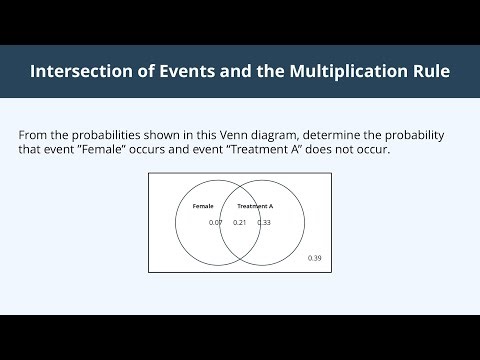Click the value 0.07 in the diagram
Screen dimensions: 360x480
pyautogui.click(x=215, y=222)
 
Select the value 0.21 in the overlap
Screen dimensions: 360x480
pyautogui.click(x=240, y=222)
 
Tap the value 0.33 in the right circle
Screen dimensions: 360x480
pyautogui.click(x=264, y=222)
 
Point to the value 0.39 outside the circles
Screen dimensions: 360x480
pyautogui.click(x=315, y=259)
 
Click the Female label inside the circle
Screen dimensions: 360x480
pyautogui.click(x=203, y=206)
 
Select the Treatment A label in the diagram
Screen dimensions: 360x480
pyautogui.click(x=255, y=206)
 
